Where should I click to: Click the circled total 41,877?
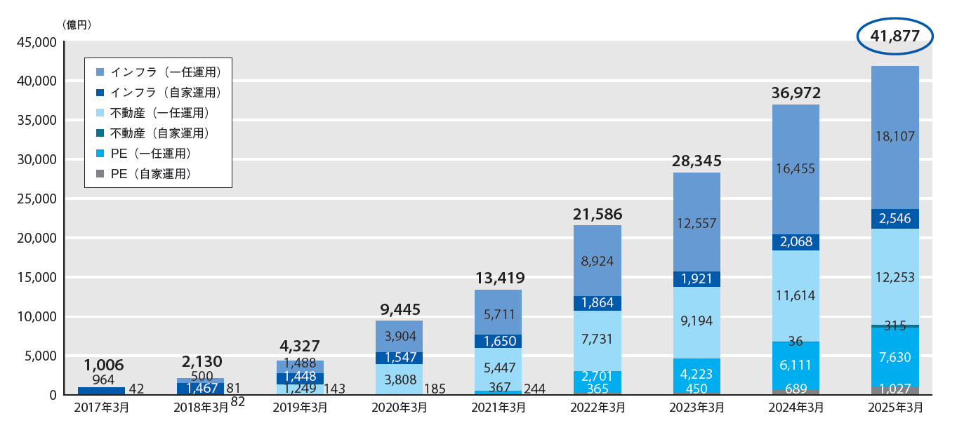895,37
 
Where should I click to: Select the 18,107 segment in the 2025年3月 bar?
895,137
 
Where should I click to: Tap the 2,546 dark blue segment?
895,219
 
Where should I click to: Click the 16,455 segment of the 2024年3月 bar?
796,168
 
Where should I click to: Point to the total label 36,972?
796,93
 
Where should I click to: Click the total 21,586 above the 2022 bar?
598,214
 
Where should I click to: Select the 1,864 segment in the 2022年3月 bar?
598,303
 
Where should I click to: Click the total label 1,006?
103,365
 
